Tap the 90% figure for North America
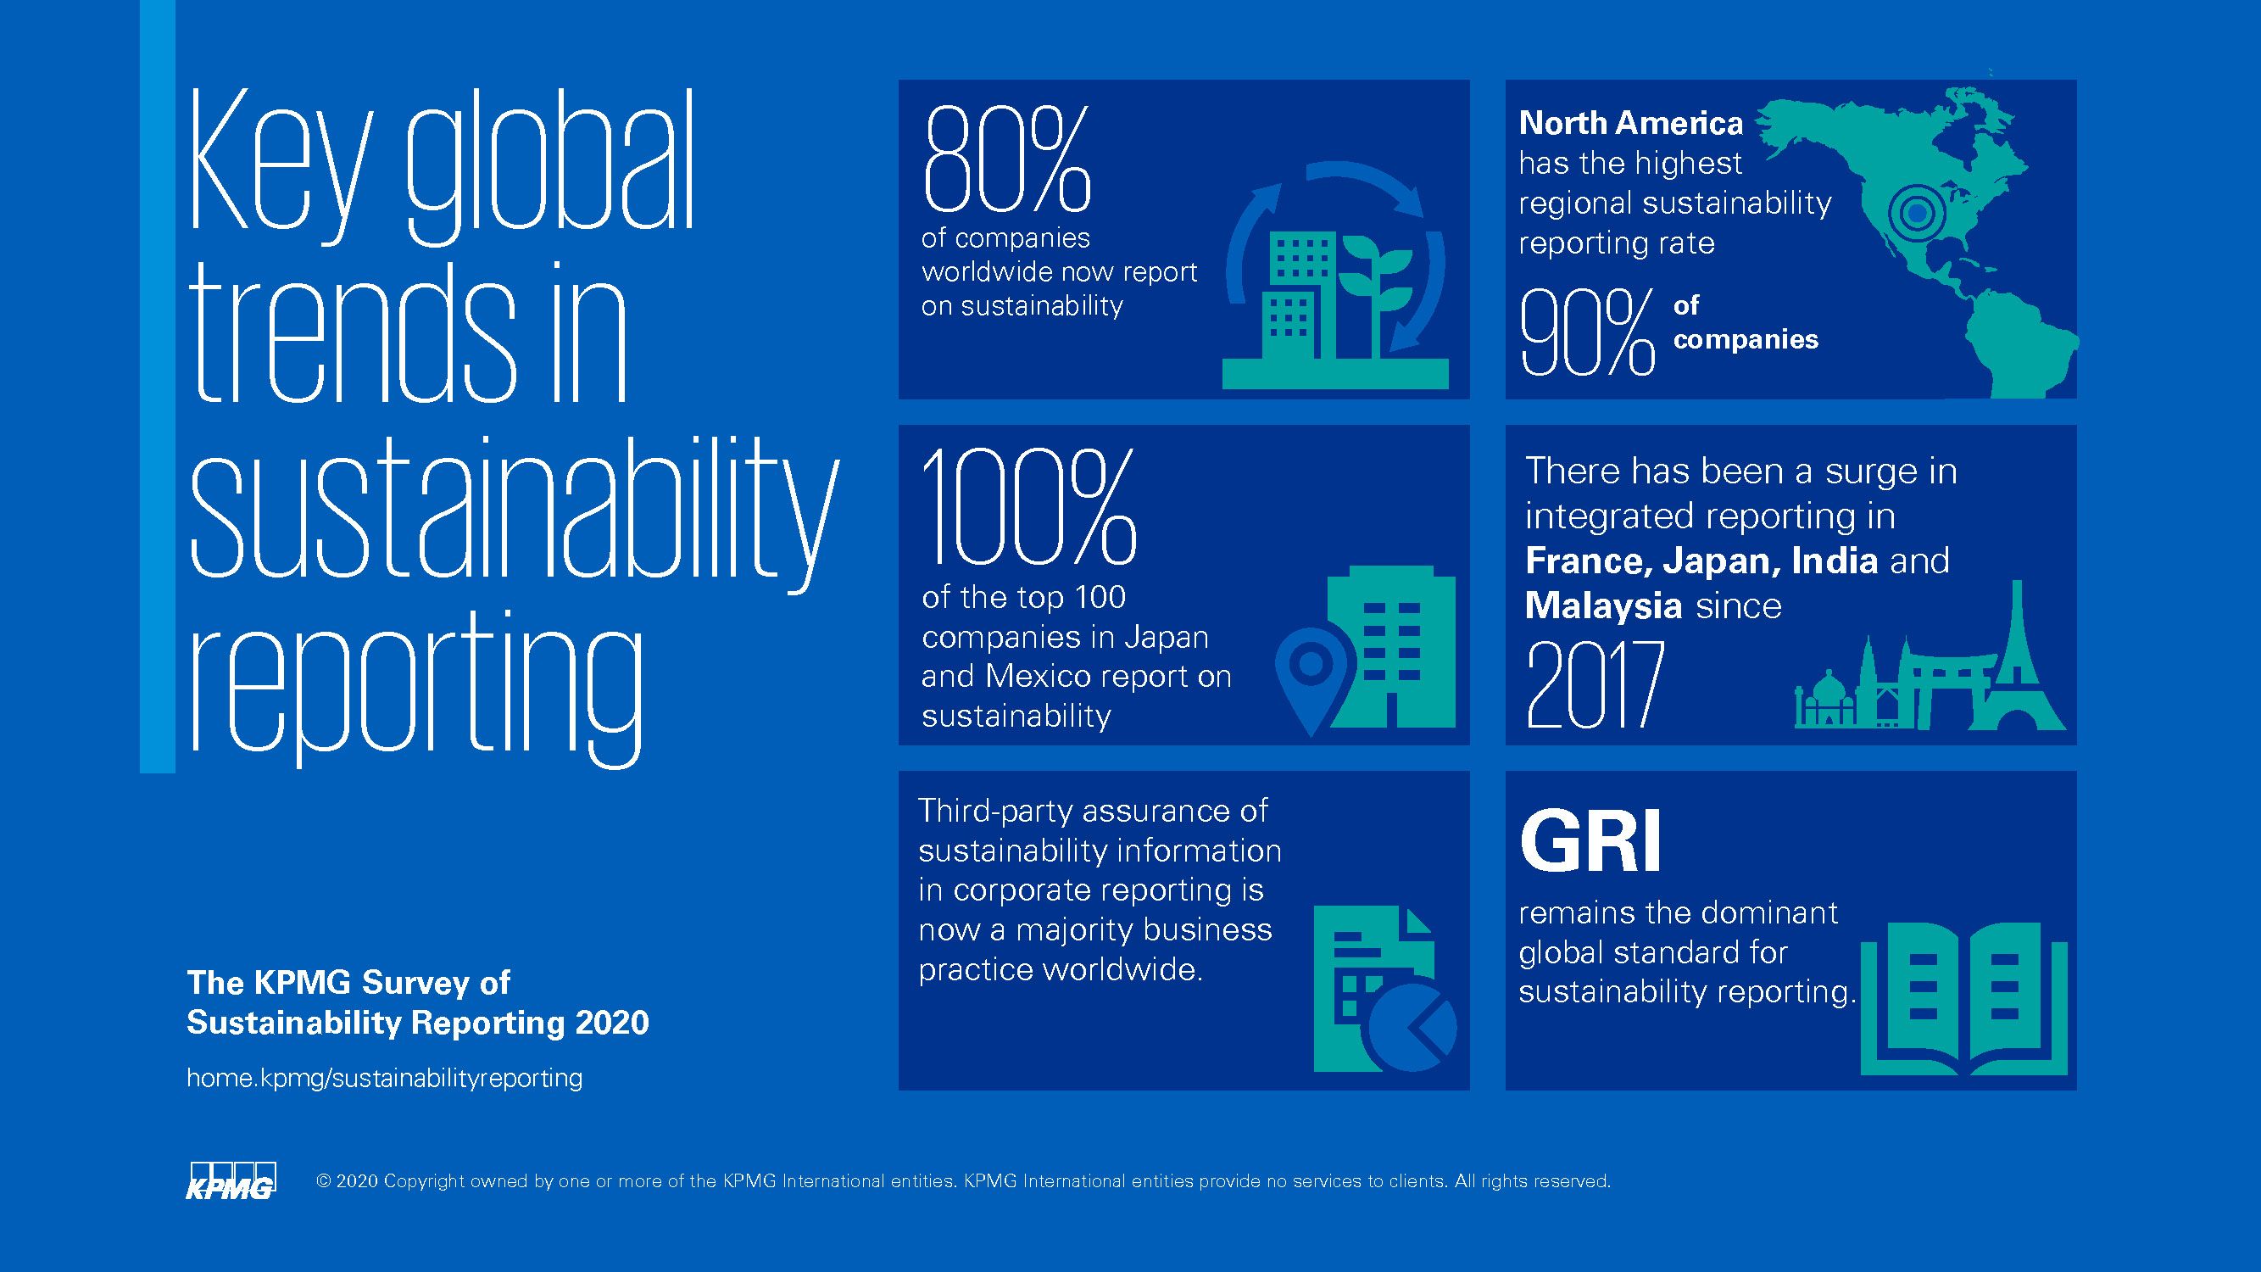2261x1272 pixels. tap(1587, 333)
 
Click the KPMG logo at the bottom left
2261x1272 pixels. tap(231, 1180)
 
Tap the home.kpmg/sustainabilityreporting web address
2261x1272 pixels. tap(384, 1078)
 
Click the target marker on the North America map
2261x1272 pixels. tap(1917, 213)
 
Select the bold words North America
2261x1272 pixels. tap(1630, 123)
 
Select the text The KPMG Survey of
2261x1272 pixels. tap(348, 982)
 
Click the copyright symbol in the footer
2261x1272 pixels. tap(322, 1181)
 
